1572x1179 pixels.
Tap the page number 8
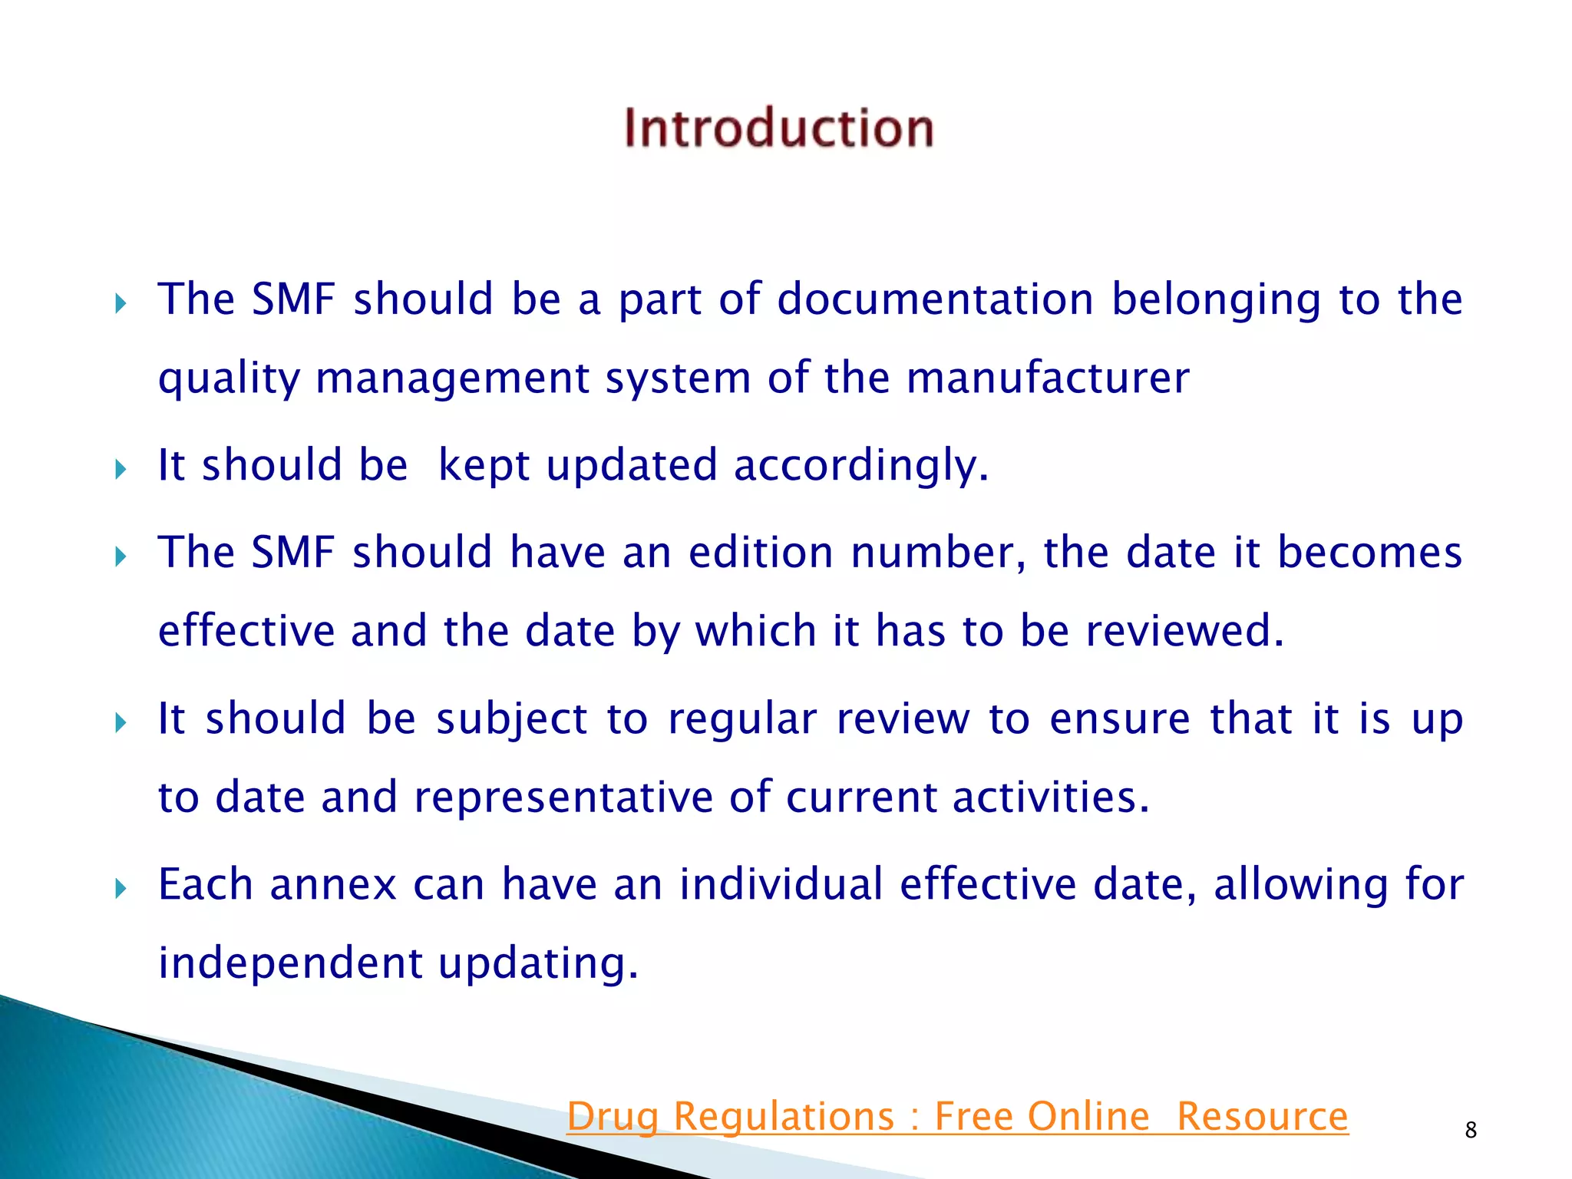coord(1471,1130)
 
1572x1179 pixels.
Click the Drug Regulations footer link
coord(957,1116)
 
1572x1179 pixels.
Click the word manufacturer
coord(1048,378)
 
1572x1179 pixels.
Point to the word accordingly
coord(860,465)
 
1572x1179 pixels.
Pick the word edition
coord(761,553)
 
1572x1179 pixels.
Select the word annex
coord(333,884)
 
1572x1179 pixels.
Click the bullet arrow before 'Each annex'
coord(121,890)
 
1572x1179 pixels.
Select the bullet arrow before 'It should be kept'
coord(121,470)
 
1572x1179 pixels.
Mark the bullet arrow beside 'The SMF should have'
coord(121,556)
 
